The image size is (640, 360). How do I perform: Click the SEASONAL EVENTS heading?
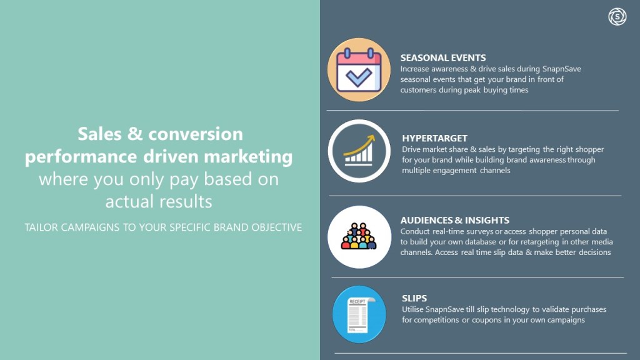pyautogui.click(x=443, y=57)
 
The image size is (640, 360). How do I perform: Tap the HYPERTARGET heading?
pyautogui.click(x=434, y=138)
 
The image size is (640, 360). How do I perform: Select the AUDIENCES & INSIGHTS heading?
pyautogui.click(x=455, y=220)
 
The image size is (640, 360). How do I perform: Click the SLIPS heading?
pyautogui.click(x=414, y=298)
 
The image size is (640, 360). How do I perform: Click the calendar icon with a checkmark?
pyautogui.click(x=359, y=70)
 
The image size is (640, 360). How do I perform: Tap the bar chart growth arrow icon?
pyautogui.click(x=359, y=151)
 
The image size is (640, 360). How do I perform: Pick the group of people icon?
pyautogui.click(x=359, y=237)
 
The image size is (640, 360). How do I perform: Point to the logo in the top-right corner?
pyautogui.click(x=617, y=17)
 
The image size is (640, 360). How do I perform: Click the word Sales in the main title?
pyautogui.click(x=99, y=134)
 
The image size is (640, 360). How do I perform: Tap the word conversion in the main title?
pyautogui.click(x=196, y=134)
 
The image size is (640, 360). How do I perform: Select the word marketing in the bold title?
pyautogui.click(x=248, y=156)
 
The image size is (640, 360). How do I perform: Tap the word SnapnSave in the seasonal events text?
pyautogui.click(x=562, y=69)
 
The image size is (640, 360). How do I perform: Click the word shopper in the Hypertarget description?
pyautogui.click(x=589, y=149)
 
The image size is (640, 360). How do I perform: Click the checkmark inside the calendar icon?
pyautogui.click(x=358, y=77)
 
